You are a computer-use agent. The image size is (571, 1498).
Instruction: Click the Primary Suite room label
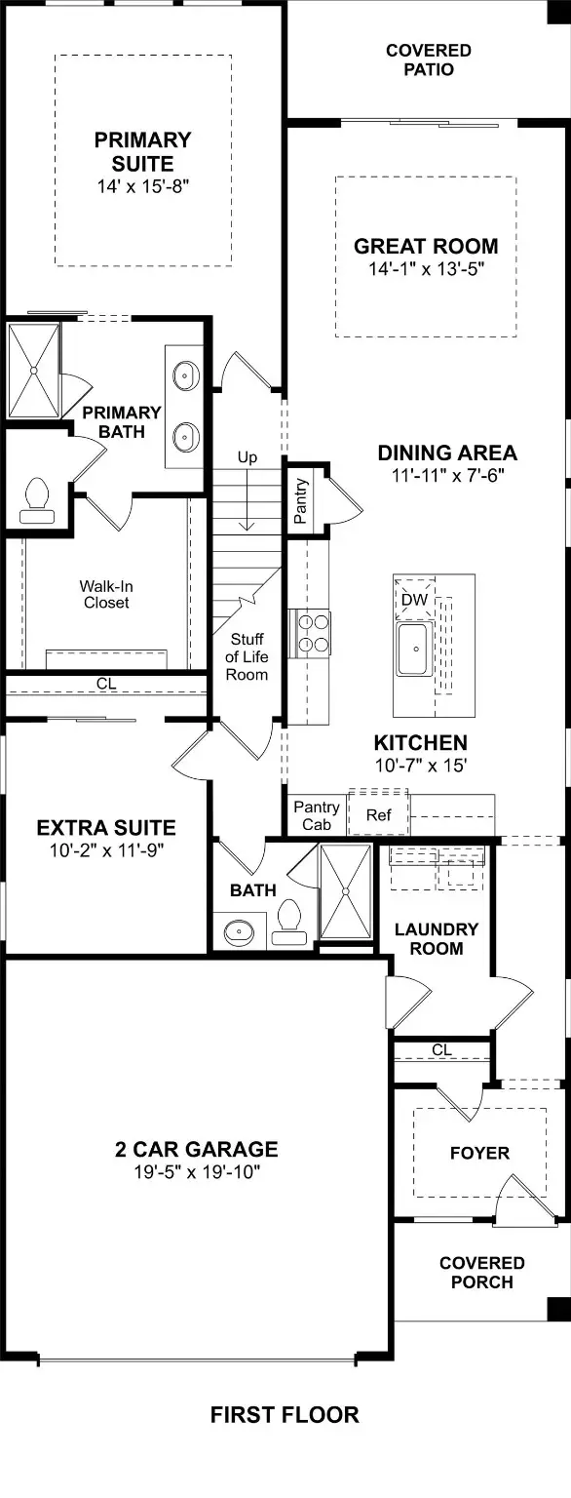click(143, 152)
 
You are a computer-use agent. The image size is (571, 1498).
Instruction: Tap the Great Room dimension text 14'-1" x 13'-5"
click(426, 269)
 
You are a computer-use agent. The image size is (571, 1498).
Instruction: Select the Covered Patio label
click(429, 59)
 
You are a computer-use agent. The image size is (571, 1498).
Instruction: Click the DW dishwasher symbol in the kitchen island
click(415, 599)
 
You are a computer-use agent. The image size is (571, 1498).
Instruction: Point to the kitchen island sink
click(415, 649)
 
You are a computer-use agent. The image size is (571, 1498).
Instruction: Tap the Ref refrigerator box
click(378, 814)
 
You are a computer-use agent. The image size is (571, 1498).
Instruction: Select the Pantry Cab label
click(317, 816)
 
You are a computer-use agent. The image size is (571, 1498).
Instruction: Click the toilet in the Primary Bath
click(38, 501)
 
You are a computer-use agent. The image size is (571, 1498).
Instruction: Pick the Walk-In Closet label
click(106, 595)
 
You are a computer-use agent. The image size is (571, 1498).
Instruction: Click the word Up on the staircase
click(247, 458)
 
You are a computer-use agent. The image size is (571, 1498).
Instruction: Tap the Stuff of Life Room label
click(247, 656)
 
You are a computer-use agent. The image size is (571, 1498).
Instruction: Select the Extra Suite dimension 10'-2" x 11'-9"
click(107, 850)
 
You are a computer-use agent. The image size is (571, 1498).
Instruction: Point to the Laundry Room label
click(437, 938)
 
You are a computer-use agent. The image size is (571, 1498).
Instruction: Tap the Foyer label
click(479, 1153)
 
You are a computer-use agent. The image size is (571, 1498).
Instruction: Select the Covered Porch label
click(481, 1273)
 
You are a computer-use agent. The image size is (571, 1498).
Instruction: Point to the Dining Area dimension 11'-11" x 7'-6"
click(447, 476)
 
